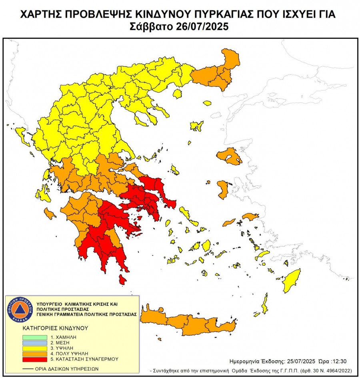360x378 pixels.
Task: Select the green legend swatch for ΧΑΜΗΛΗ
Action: [x=34, y=338]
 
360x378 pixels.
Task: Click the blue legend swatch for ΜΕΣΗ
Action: [x=34, y=343]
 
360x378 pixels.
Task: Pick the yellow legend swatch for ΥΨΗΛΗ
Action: [x=34, y=348]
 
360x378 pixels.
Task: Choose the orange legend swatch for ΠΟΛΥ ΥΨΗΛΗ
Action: [x=34, y=354]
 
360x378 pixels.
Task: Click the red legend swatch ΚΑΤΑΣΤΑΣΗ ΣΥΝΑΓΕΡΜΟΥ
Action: [x=34, y=359]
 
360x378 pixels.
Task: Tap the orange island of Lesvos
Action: [x=230, y=156]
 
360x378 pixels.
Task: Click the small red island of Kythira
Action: [x=122, y=279]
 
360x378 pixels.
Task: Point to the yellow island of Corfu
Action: [x=22, y=137]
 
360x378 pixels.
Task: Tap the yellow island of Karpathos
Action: [x=264, y=303]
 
